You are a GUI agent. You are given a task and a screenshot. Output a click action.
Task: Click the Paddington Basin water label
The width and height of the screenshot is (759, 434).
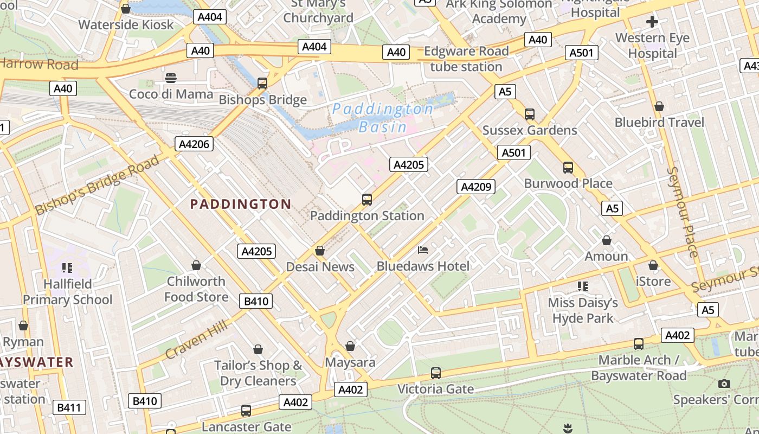point(382,118)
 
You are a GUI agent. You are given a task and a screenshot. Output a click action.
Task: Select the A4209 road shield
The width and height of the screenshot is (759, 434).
point(476,187)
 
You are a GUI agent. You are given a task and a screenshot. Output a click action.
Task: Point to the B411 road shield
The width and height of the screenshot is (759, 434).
point(70,407)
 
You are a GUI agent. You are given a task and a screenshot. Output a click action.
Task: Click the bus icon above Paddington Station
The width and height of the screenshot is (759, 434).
point(367,200)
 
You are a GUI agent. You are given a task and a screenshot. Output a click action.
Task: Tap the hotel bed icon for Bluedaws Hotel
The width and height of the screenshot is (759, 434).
point(423,250)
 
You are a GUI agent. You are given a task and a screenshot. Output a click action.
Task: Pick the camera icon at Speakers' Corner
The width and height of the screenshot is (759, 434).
point(724,384)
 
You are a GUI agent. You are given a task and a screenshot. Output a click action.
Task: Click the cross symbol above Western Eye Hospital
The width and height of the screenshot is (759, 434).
point(652,22)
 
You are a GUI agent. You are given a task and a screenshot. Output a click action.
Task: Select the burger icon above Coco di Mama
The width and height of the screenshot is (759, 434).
point(171,78)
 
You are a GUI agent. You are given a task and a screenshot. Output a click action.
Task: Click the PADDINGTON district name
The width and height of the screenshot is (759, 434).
point(241,205)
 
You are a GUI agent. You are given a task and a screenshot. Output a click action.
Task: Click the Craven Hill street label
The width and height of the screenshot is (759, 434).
point(196,340)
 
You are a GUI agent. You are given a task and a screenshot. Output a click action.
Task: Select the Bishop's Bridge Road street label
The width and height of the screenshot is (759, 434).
point(98,184)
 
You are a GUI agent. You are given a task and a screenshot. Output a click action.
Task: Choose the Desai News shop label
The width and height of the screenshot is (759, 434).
point(320,267)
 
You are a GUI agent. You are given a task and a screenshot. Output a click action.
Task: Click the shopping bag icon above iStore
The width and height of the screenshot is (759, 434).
point(653,266)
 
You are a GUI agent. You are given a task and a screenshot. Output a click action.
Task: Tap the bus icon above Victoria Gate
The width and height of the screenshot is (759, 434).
point(436,373)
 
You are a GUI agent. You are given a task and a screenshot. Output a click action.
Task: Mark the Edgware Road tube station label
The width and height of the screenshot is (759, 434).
point(466,59)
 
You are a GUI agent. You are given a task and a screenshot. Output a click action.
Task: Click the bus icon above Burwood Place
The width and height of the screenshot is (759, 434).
point(568,168)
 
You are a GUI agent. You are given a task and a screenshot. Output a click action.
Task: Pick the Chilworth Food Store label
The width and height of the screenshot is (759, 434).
point(196,289)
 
